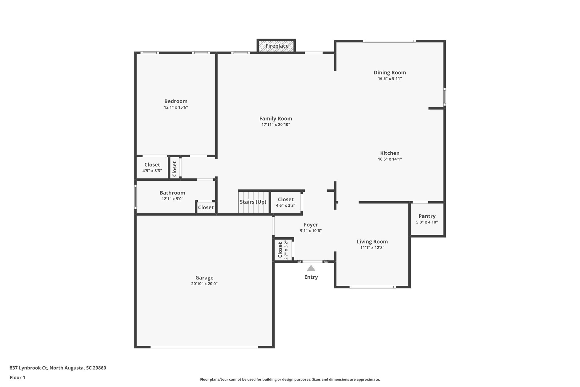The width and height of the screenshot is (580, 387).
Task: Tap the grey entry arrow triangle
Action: coord(311,268)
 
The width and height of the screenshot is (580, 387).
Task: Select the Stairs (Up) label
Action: coord(253,202)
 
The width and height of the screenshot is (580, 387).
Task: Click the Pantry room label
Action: coord(427,216)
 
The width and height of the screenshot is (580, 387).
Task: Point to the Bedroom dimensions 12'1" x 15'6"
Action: coord(176,107)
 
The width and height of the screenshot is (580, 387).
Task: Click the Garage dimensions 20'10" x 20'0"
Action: coord(204,284)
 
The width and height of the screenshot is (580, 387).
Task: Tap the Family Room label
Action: coord(276,119)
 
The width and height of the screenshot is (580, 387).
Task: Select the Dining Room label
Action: coord(390,73)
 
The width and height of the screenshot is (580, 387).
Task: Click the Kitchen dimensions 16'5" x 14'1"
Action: coord(390,159)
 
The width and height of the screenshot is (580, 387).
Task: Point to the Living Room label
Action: coord(372,242)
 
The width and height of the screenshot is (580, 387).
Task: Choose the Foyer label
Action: coord(311,225)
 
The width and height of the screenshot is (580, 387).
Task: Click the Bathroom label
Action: coord(172,193)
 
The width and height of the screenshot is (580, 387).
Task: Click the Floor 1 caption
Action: coord(18,377)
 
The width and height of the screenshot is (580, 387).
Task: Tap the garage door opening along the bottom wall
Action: coord(204,347)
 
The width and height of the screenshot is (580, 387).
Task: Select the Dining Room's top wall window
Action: coord(389,41)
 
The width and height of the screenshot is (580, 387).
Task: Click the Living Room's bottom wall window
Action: coord(372,287)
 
